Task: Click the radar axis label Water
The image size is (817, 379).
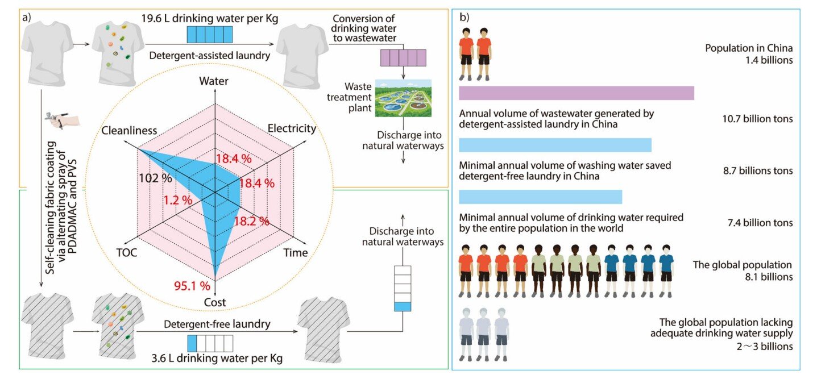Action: click(214, 81)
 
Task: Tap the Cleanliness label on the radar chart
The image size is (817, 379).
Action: click(129, 131)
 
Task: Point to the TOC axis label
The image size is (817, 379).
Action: click(126, 252)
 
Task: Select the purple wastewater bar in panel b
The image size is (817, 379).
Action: click(576, 93)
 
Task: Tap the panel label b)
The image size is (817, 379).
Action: click(465, 18)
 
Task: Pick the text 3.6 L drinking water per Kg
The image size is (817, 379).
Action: click(210, 359)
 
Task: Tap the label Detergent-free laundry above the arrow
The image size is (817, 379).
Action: click(209, 324)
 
